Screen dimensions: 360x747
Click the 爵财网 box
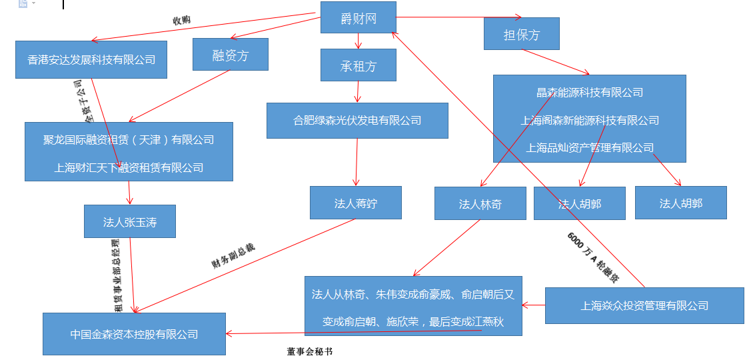(x=358, y=17)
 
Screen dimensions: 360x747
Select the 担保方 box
(x=521, y=34)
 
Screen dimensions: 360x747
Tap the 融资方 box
(x=230, y=55)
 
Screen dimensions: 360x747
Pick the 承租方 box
(x=358, y=66)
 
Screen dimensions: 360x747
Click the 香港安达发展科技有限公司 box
(x=91, y=60)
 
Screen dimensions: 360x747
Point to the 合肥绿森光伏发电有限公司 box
(x=357, y=121)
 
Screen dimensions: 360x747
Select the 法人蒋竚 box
(x=355, y=203)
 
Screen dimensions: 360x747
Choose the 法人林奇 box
(x=480, y=204)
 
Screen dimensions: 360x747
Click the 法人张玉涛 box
(x=129, y=222)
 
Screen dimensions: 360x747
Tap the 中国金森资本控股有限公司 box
(x=134, y=334)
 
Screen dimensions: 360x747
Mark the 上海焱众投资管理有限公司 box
(x=644, y=306)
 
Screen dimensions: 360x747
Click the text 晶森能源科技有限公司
(x=590, y=93)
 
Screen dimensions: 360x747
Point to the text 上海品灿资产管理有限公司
(x=590, y=147)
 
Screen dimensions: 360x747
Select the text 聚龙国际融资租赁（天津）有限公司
(x=129, y=140)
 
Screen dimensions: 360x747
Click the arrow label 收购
(x=181, y=20)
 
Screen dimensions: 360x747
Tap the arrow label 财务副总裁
(x=233, y=255)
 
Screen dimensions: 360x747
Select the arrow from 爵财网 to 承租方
(x=359, y=41)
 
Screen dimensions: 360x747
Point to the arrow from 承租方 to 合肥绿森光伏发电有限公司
(x=359, y=91)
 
